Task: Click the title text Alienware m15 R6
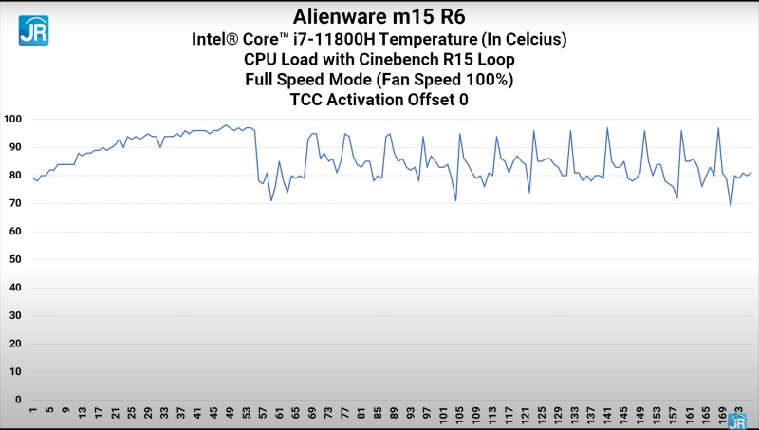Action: [379, 16]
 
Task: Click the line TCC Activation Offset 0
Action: [379, 99]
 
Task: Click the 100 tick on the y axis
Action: [12, 120]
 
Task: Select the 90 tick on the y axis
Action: [14, 147]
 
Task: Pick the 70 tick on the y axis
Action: [14, 203]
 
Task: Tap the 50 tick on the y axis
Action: [14, 259]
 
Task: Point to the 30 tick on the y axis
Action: [14, 315]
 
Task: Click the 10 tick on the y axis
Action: [14, 371]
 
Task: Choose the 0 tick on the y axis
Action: [17, 400]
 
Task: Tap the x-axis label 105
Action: [459, 414]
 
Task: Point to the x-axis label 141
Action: [607, 414]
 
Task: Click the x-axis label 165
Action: [706, 414]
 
